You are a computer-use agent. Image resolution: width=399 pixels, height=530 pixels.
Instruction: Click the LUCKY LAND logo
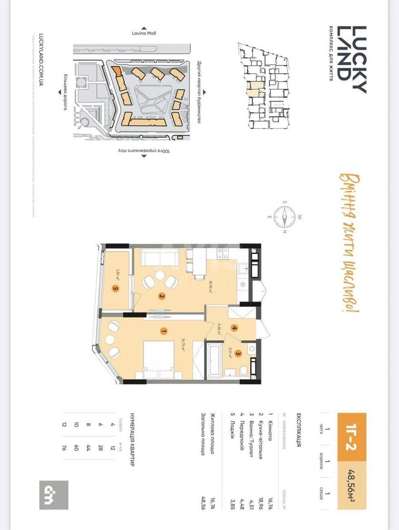point(352,60)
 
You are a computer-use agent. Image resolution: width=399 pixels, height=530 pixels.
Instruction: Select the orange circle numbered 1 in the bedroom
point(163,330)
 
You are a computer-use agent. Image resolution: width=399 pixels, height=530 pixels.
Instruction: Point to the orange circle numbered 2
point(162,296)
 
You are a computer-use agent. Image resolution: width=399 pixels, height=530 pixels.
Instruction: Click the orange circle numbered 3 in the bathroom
point(238,353)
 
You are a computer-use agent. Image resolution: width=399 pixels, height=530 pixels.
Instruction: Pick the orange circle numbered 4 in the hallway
point(234,328)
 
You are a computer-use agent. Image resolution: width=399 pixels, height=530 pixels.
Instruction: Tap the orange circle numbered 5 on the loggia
point(116,289)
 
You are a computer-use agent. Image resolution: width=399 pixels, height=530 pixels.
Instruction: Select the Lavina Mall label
point(144,33)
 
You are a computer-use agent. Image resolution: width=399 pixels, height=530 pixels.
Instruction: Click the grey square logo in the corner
point(54,495)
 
